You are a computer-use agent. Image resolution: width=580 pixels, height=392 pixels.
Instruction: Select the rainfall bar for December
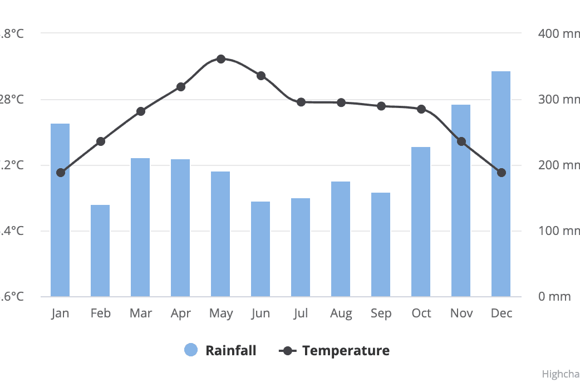click(501, 184)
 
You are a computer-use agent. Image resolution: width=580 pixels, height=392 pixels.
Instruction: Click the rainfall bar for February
click(100, 251)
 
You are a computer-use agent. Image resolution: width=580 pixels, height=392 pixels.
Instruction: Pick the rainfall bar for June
click(260, 249)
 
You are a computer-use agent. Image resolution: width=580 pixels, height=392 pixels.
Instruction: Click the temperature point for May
click(221, 59)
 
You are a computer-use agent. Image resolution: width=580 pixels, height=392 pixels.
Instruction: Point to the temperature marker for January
click(61, 173)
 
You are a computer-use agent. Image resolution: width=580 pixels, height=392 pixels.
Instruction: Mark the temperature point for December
click(502, 173)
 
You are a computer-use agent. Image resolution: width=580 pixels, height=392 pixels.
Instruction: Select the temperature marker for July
click(301, 102)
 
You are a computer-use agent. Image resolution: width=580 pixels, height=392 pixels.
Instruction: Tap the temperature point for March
click(141, 111)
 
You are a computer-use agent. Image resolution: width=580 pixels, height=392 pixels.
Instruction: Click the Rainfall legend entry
click(230, 350)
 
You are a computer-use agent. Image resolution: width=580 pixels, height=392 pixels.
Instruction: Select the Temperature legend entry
click(346, 350)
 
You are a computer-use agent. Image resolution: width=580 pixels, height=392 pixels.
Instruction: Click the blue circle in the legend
click(191, 350)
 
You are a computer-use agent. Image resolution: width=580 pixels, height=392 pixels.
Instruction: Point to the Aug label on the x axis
click(341, 313)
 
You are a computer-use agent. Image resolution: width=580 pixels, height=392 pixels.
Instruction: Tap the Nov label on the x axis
click(461, 313)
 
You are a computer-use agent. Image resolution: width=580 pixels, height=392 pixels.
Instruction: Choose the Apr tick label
click(181, 313)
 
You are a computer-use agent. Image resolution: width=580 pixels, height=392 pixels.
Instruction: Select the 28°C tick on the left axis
click(12, 100)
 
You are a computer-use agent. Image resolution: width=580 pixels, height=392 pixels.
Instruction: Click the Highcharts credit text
click(561, 374)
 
